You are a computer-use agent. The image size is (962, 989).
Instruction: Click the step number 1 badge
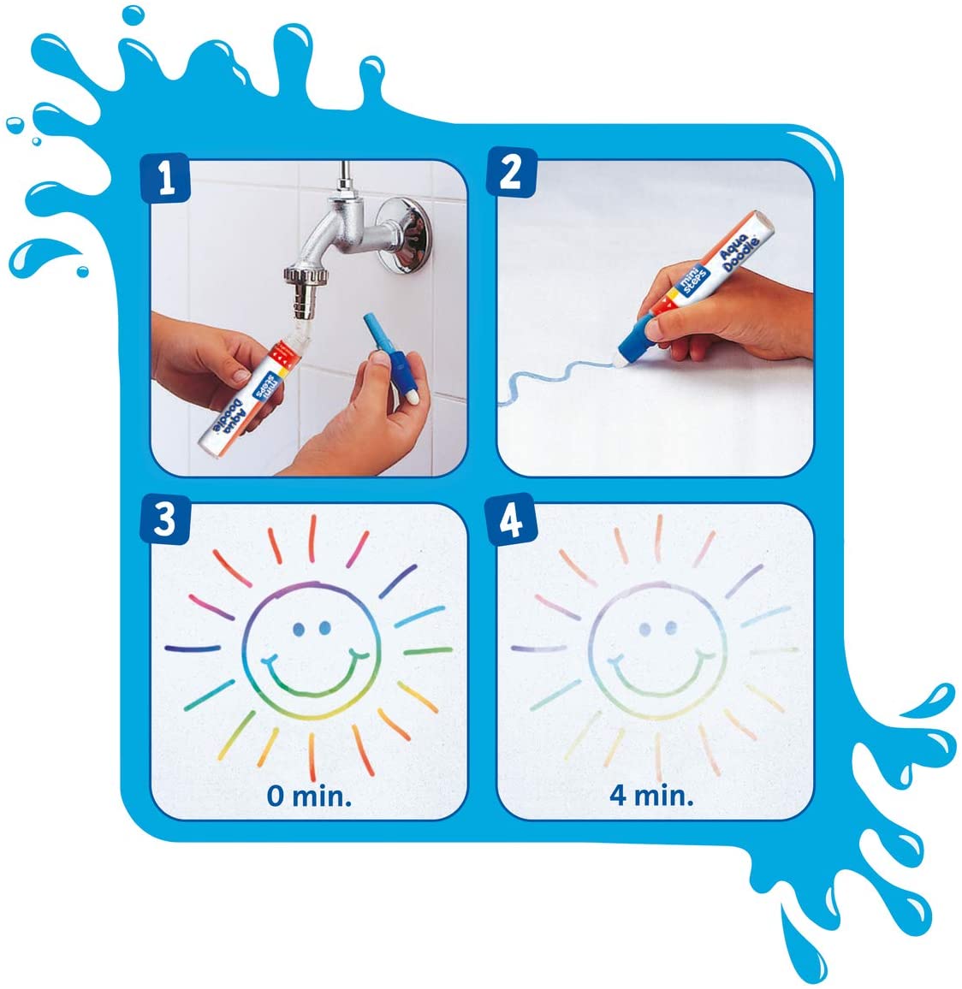[166, 179]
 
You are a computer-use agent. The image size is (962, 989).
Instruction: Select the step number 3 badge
[164, 519]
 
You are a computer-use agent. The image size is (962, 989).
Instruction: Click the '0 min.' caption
[309, 795]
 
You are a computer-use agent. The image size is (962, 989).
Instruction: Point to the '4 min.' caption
[651, 795]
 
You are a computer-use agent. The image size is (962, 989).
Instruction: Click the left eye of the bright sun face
[298, 630]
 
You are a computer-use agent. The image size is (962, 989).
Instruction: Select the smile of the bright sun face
[311, 676]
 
